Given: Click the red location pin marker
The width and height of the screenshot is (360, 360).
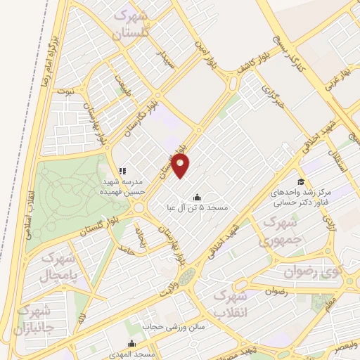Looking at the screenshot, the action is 181,166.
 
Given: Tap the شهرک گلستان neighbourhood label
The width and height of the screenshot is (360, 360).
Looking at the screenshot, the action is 132,22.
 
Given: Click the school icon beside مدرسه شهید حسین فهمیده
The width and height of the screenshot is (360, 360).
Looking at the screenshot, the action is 122,170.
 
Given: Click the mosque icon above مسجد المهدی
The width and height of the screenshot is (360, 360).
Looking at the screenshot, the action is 131,343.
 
